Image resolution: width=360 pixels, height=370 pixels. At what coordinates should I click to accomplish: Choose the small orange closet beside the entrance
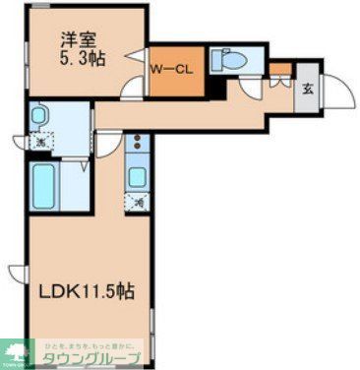(x=280, y=70)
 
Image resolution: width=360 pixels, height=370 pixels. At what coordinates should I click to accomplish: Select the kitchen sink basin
(x=138, y=178)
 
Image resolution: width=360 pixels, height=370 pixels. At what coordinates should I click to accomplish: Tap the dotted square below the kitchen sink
(x=138, y=202)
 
